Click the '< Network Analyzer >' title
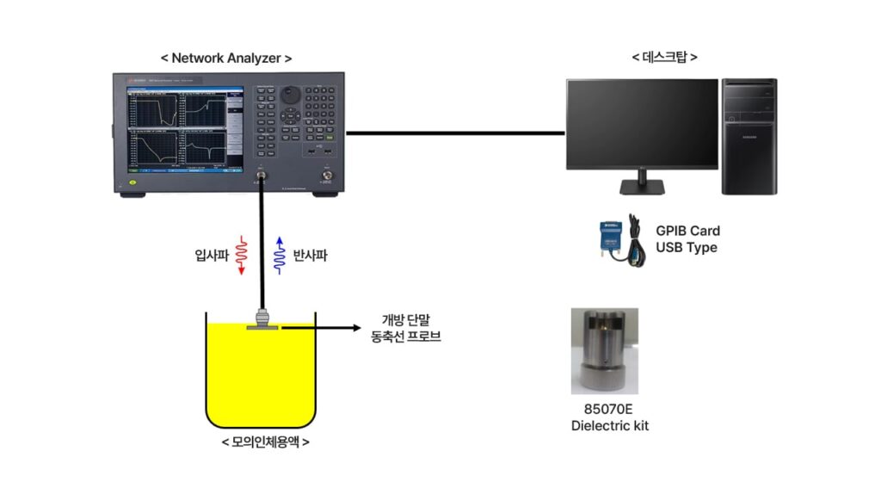point(226,59)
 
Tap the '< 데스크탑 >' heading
point(664,58)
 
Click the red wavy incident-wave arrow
point(242,255)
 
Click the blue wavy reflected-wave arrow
point(278,255)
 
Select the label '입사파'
point(212,256)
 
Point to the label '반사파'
point(311,256)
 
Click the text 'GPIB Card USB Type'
point(687,239)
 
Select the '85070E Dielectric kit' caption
point(604,417)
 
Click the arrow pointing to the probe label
point(327,328)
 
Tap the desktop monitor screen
point(642,123)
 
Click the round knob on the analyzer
point(292,93)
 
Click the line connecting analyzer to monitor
point(456,133)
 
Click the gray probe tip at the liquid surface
point(260,325)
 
